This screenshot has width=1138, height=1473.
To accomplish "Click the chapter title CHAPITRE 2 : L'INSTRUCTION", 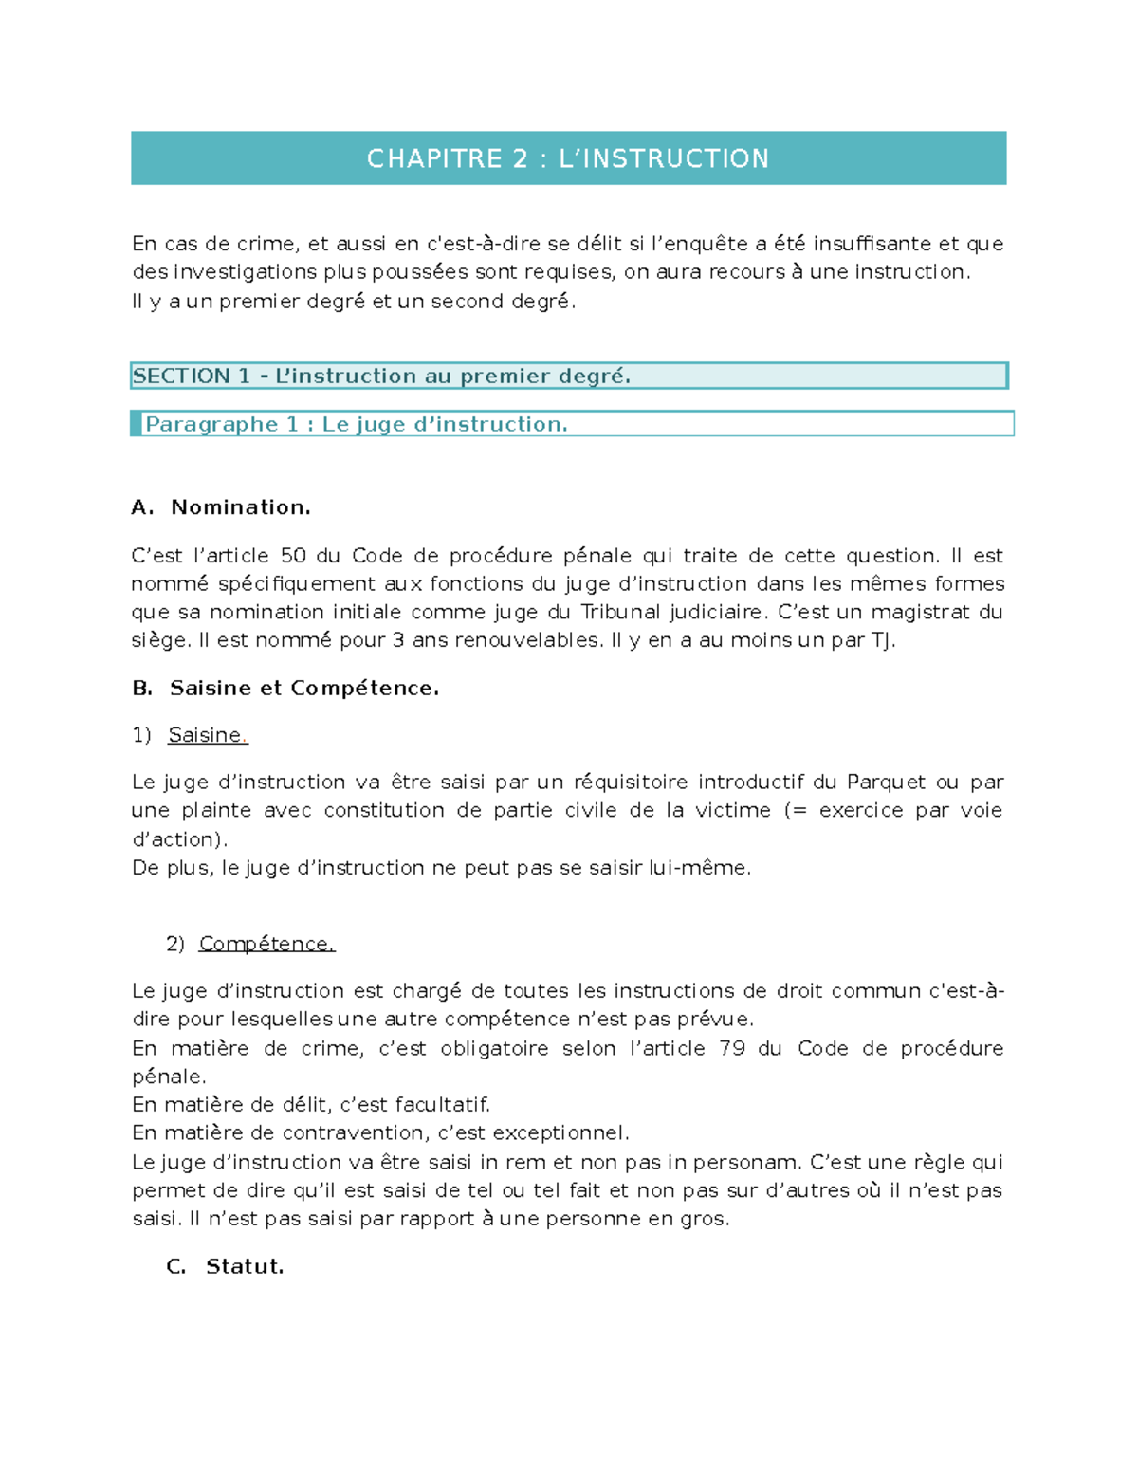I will [x=568, y=158].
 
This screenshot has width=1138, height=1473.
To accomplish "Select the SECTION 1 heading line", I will [x=381, y=377].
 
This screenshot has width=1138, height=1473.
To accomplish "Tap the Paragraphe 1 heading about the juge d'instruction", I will [x=357, y=424].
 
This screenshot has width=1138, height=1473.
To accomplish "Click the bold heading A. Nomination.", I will [x=221, y=507].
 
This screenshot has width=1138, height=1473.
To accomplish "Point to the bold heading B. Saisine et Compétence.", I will [x=285, y=688].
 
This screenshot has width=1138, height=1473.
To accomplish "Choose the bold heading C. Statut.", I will [x=225, y=1266].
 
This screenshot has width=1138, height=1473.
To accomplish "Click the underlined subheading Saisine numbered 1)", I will [x=206, y=735].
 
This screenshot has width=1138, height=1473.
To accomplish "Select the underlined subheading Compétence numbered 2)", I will [x=266, y=944].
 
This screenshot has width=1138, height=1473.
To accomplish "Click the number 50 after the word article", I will [x=293, y=556].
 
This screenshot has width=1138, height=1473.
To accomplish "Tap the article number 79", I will [x=732, y=1048].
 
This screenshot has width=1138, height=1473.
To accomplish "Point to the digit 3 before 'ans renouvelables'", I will [x=398, y=640].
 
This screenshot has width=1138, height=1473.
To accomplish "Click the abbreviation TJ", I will [x=882, y=640].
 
